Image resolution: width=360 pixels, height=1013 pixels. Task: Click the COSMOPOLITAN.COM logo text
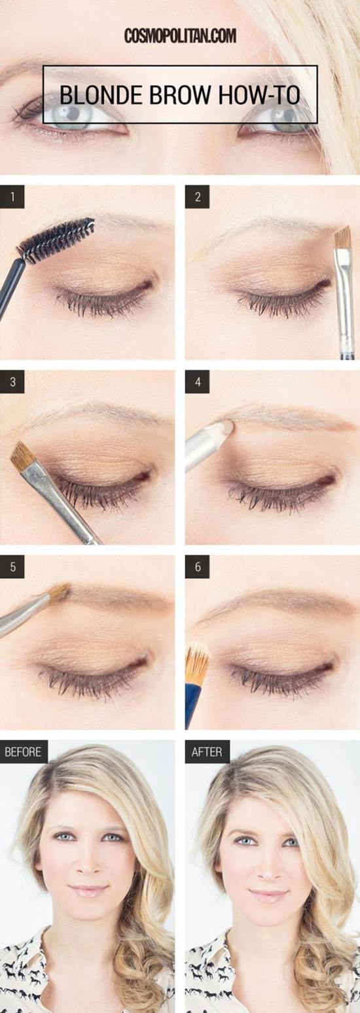pyautogui.click(x=180, y=36)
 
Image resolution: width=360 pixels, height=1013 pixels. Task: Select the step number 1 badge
pyautogui.click(x=12, y=197)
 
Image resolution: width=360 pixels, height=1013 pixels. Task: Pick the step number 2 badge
pyautogui.click(x=198, y=197)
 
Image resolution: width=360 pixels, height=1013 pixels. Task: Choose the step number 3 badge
pyautogui.click(x=12, y=382)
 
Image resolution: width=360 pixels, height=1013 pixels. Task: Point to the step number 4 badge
pyautogui.click(x=198, y=382)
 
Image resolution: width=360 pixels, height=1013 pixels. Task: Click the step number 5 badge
pyautogui.click(x=12, y=566)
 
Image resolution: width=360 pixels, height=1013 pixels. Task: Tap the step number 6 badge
pyautogui.click(x=198, y=566)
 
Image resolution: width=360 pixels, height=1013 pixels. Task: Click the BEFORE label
pyautogui.click(x=23, y=752)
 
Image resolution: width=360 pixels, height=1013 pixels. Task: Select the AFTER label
pyautogui.click(x=207, y=752)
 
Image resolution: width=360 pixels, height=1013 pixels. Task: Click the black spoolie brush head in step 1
pyautogui.click(x=56, y=240)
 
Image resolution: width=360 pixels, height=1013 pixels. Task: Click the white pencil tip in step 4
pyautogui.click(x=226, y=426)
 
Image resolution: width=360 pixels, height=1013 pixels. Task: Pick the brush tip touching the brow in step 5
pyautogui.click(x=60, y=592)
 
